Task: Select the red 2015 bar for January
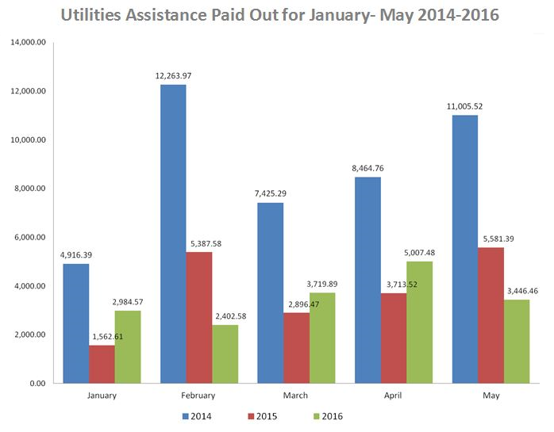101,364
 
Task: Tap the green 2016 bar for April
419,322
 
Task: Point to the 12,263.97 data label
173,76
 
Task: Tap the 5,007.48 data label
420,254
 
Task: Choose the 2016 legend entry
329,415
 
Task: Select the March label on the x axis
296,396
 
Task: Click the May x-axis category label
491,396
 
